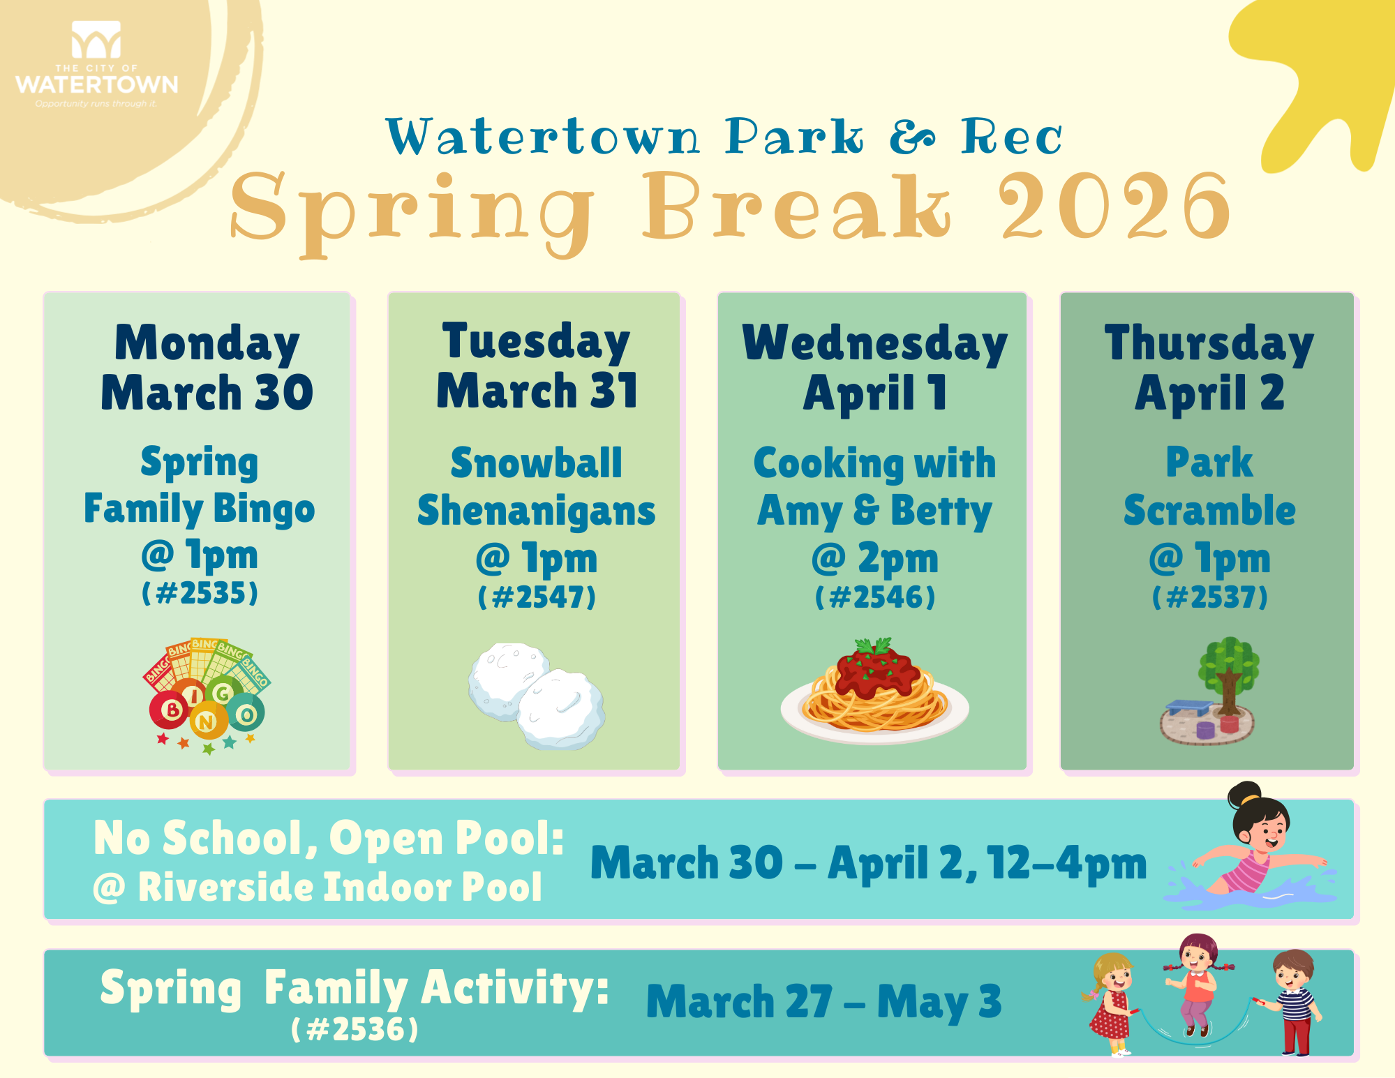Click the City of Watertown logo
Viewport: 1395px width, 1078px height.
point(96,64)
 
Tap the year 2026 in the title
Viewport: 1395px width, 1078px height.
point(1114,207)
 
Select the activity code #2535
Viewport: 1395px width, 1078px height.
point(200,594)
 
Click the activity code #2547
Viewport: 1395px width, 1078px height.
point(537,597)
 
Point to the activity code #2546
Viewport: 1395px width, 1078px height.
point(875,597)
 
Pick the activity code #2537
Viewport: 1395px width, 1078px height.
point(1209,597)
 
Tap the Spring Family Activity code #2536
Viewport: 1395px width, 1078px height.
point(355,1029)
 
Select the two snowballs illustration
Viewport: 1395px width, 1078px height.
point(537,696)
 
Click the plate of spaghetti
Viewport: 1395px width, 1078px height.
point(874,691)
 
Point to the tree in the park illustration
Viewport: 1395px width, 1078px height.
point(1229,674)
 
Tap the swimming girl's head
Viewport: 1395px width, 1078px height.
point(1260,816)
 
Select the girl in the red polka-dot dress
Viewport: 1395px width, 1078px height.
point(1110,1005)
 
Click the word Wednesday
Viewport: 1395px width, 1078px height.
point(875,343)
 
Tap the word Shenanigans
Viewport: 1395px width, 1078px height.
point(537,511)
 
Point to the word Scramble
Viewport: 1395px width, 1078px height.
point(1209,510)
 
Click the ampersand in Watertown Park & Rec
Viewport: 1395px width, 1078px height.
point(912,137)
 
